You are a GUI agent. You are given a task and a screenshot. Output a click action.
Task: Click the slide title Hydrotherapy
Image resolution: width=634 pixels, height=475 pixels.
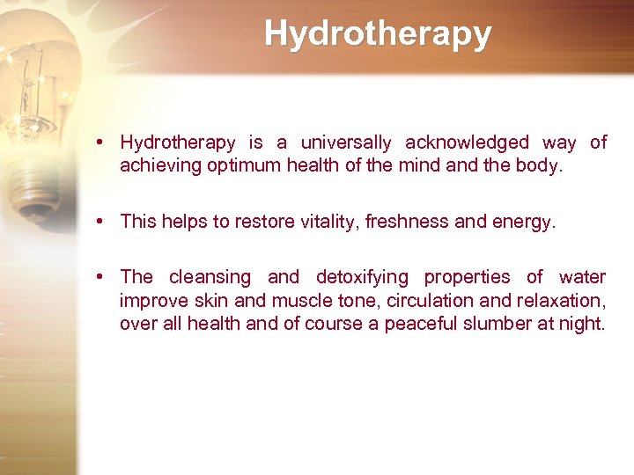pyautogui.click(x=378, y=34)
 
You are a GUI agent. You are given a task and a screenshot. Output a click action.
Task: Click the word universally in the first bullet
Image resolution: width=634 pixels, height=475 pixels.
pyautogui.click(x=347, y=142)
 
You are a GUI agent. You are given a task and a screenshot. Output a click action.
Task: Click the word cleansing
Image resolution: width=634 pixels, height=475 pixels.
pyautogui.click(x=210, y=278)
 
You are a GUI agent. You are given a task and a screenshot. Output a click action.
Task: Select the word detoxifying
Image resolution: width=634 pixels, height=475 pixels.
pyautogui.click(x=362, y=278)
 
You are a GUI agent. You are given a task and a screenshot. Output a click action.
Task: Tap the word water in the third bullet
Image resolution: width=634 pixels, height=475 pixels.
pyautogui.click(x=582, y=278)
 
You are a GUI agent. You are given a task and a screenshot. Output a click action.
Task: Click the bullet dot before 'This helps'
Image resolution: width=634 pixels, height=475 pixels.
pyautogui.click(x=103, y=222)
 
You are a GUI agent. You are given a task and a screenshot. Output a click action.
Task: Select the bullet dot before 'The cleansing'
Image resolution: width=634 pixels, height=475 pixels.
pyautogui.click(x=103, y=278)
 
